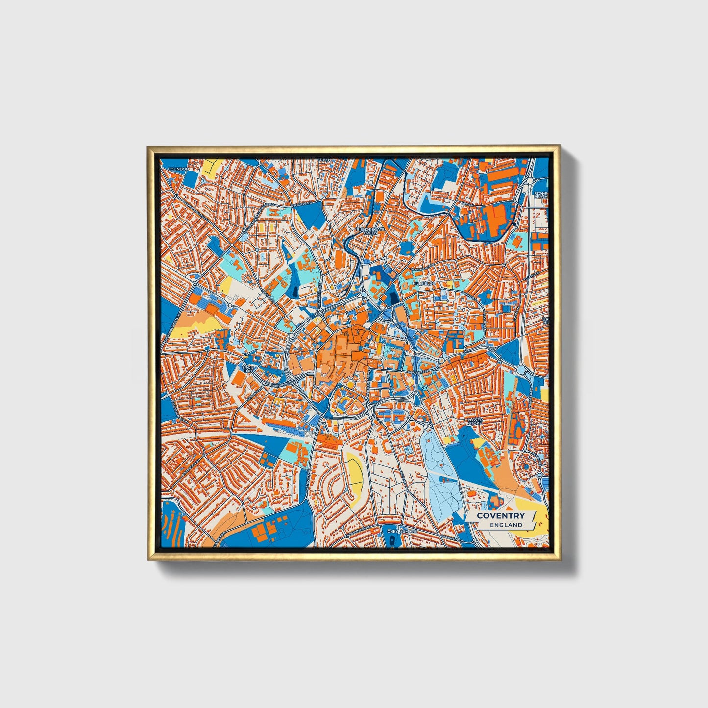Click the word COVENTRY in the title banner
[x=500, y=515]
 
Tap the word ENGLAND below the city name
[x=506, y=525]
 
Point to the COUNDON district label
[x=178, y=169]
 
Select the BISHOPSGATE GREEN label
[x=370, y=231]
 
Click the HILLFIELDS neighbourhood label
[x=423, y=283]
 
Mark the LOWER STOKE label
[x=475, y=421]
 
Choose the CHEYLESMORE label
[x=401, y=531]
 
